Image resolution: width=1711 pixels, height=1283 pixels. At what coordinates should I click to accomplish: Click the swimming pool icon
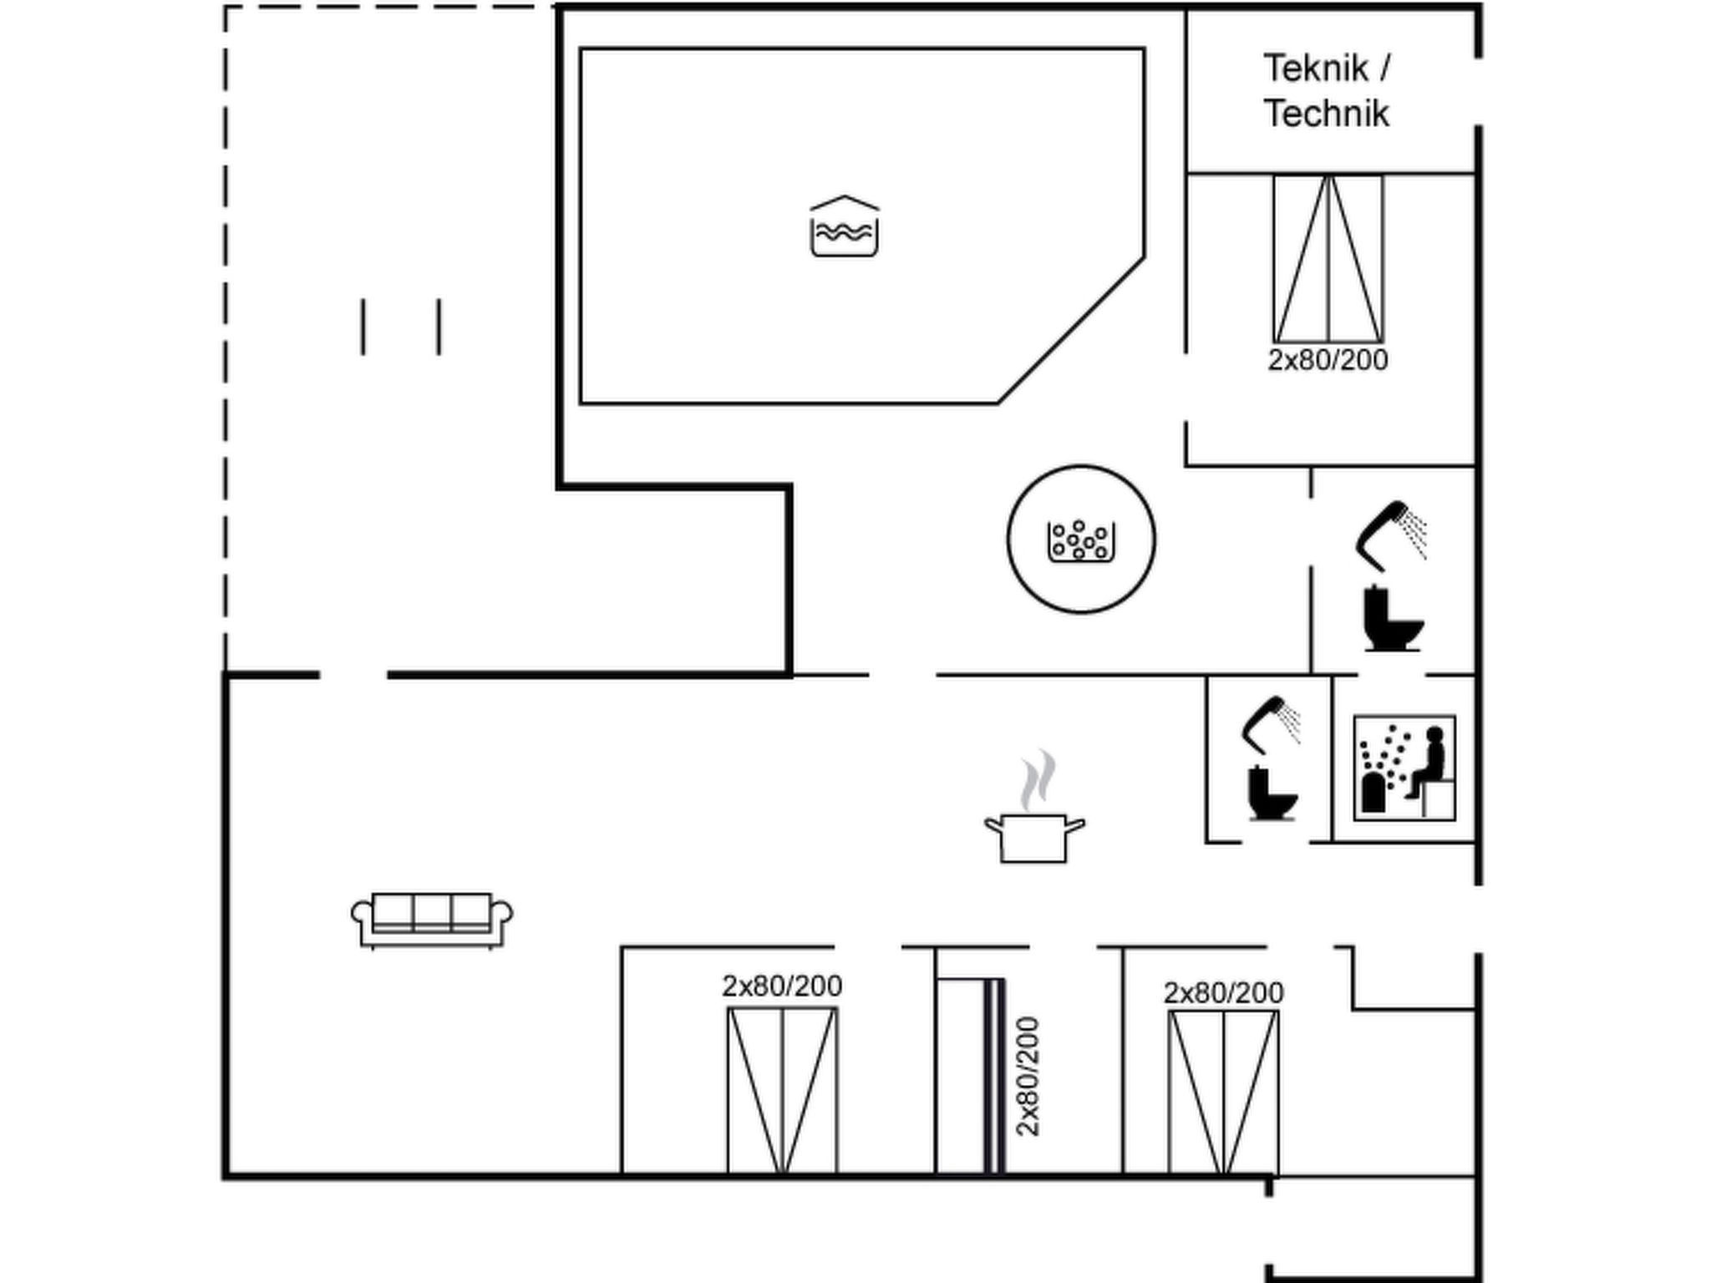pos(844,227)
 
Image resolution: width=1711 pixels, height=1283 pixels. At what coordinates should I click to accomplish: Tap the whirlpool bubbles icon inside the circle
pos(1081,540)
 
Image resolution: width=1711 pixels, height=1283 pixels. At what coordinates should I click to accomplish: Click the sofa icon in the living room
pos(432,920)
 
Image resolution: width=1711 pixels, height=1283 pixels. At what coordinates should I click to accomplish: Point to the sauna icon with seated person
pos(1404,768)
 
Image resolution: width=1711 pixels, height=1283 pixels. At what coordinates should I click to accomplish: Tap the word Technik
pos(1326,114)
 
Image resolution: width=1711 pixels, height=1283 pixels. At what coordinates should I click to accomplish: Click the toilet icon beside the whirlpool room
pos(1393,619)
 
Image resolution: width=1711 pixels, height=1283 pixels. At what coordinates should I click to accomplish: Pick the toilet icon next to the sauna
pos(1272,794)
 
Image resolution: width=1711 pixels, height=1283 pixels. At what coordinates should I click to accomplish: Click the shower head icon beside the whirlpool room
pos(1389,533)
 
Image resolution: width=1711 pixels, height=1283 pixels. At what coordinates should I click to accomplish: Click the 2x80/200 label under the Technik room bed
pos(1328,360)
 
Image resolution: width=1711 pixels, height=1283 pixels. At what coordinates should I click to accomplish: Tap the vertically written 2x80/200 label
pos(1028,1076)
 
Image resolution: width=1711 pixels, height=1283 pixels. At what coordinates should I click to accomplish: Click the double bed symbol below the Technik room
pos(1328,258)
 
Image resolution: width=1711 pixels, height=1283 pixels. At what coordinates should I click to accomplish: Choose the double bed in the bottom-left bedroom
pos(782,1090)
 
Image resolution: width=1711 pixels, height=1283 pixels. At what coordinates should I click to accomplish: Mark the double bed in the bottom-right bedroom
pos(1223,1093)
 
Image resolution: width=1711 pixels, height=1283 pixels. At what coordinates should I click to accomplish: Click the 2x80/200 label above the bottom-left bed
pos(782,986)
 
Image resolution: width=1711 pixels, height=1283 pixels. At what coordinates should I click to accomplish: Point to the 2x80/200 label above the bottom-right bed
pos(1223,993)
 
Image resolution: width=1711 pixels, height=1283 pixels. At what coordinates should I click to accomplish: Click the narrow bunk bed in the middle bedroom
pos(970,1076)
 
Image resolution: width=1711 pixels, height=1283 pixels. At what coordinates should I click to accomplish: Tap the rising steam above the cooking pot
pos(1037,780)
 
